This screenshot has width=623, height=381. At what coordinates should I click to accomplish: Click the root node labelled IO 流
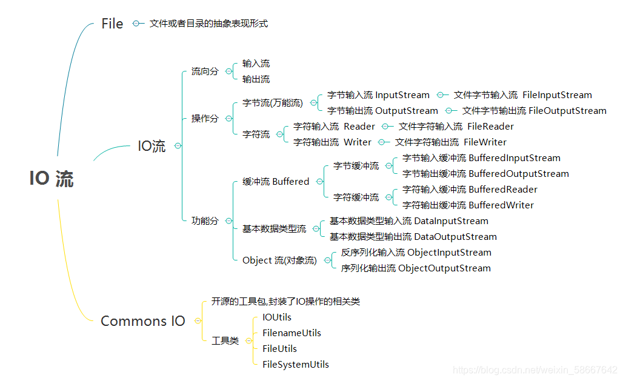(x=52, y=179)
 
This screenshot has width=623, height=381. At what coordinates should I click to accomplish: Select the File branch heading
(x=112, y=24)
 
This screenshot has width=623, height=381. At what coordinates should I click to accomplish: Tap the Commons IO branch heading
(x=142, y=321)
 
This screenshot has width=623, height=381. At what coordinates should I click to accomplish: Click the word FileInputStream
(x=557, y=95)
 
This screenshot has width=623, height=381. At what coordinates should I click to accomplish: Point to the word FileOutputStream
(x=567, y=111)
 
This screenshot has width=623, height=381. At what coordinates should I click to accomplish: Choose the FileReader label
(x=490, y=127)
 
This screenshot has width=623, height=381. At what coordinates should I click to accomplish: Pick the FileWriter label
(x=485, y=142)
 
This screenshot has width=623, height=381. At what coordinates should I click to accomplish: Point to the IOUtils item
(x=277, y=317)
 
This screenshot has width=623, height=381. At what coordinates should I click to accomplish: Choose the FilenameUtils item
(x=292, y=333)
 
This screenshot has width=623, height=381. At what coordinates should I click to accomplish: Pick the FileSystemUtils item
(x=296, y=365)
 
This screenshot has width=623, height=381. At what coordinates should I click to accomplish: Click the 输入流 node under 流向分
(x=256, y=64)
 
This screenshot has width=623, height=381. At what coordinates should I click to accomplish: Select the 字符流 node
(x=256, y=134)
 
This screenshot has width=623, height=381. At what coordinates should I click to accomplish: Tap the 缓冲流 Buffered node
(x=276, y=182)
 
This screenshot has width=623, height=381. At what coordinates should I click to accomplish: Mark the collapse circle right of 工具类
(x=248, y=341)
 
